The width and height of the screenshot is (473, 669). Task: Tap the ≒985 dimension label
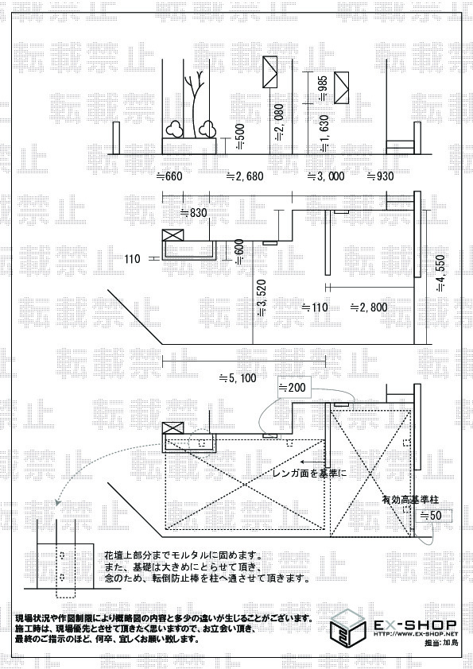[x=323, y=87]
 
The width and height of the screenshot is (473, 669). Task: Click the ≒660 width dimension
[x=169, y=176]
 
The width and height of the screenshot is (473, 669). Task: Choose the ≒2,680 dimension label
[x=244, y=176]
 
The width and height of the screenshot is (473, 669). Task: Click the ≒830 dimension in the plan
[x=193, y=212]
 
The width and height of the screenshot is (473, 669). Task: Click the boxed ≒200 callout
[x=292, y=388]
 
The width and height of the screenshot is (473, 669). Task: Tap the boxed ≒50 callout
[x=432, y=515]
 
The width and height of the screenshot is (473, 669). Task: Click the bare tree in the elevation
[x=194, y=103]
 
